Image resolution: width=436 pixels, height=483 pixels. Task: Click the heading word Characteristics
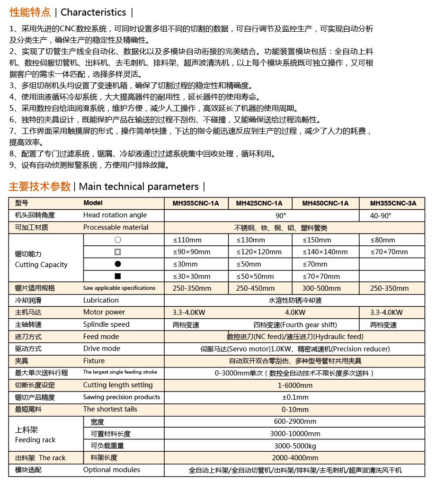click(93, 12)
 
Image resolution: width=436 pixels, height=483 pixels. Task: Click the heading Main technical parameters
click(139, 187)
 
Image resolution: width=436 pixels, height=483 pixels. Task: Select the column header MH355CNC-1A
click(196, 203)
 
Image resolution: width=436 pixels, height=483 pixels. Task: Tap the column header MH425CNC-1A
click(259, 203)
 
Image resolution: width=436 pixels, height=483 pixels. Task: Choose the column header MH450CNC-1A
click(325, 203)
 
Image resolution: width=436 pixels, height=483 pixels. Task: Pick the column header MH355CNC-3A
click(393, 203)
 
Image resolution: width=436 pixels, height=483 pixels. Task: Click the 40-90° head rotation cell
click(381, 215)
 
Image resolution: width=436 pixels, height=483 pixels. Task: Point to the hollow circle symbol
click(118, 240)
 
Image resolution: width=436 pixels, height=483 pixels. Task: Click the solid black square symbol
click(118, 276)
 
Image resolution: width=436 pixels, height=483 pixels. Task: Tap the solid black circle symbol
click(118, 264)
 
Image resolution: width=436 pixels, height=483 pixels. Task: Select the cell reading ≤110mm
click(187, 240)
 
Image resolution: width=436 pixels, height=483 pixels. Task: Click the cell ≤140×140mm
click(325, 252)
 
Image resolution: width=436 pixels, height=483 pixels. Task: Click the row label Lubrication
click(101, 300)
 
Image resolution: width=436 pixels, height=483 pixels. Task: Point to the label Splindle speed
click(106, 324)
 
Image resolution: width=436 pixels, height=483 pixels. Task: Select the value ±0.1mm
click(295, 397)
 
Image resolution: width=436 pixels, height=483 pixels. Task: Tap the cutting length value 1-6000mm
click(295, 385)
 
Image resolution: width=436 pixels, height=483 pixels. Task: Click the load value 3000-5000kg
click(295, 446)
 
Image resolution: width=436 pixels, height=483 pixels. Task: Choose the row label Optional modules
click(112, 470)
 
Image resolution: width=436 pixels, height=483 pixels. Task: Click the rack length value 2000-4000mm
click(295, 457)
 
